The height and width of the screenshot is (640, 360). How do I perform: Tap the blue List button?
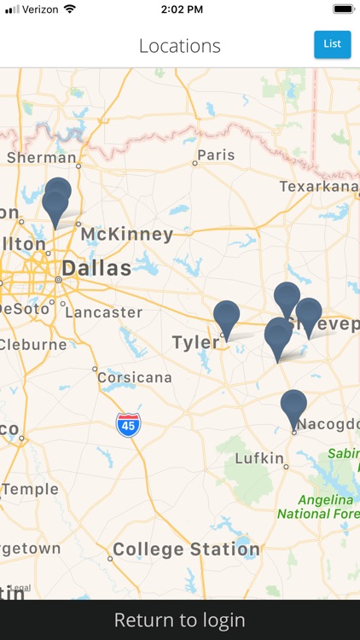(x=332, y=44)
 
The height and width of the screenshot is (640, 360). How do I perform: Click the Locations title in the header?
(x=180, y=46)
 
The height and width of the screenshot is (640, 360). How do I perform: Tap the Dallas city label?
(x=96, y=269)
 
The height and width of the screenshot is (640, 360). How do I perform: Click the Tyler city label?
(x=195, y=343)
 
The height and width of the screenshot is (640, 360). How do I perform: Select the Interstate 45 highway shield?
(x=129, y=424)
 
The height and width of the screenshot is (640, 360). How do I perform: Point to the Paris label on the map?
(x=215, y=155)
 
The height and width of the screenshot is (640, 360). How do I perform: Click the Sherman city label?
(x=41, y=157)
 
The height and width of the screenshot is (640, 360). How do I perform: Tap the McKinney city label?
(x=127, y=234)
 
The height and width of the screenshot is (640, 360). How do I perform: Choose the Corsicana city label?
(x=134, y=377)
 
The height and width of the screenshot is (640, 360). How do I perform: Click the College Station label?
(x=186, y=550)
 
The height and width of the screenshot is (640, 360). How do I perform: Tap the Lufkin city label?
(x=258, y=458)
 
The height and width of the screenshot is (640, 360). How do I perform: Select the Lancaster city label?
(x=103, y=312)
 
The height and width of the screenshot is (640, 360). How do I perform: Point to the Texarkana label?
(x=319, y=186)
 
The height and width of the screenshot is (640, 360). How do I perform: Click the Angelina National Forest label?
(x=315, y=506)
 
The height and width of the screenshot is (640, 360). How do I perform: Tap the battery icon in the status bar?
(x=343, y=9)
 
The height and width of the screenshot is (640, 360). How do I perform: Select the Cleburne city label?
(x=32, y=345)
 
